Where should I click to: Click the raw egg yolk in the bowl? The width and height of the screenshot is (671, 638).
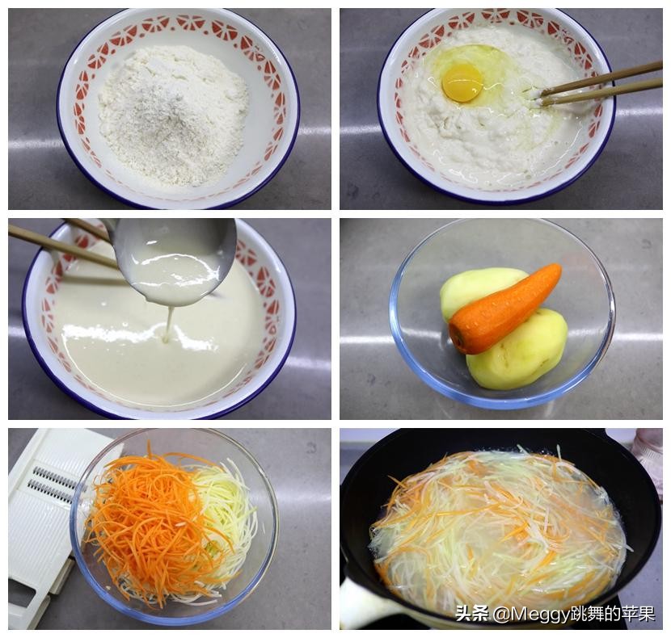pyautogui.click(x=462, y=82)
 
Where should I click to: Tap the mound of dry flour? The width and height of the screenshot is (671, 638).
pyautogui.click(x=173, y=113)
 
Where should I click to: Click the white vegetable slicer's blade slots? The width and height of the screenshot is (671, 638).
pyautogui.click(x=53, y=484)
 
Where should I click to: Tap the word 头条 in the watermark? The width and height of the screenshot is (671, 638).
pyautogui.click(x=471, y=614)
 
